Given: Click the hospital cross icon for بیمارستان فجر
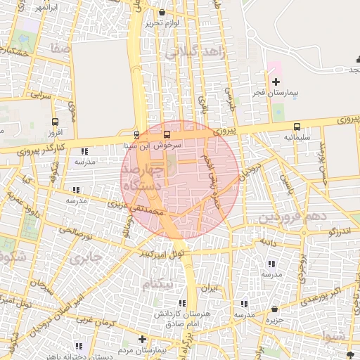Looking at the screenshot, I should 276,82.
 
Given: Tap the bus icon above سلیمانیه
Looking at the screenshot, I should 297,127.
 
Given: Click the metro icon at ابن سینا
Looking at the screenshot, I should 137,135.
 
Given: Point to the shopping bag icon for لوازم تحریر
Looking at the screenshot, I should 163,13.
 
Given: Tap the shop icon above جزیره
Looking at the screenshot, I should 274,308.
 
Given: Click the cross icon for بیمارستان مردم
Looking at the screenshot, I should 143,339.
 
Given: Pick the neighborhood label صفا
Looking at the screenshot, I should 59,49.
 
